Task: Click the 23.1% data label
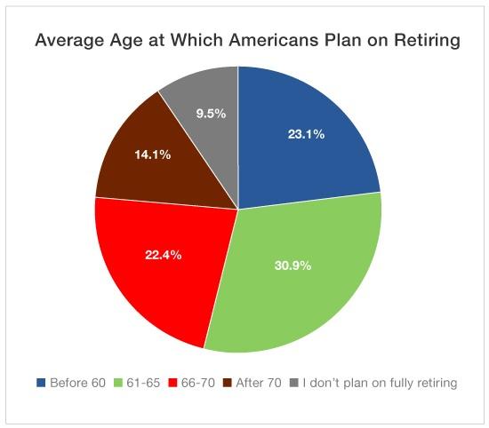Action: pos(306,134)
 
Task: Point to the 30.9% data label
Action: pos(293,266)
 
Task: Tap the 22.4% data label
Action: pos(163,255)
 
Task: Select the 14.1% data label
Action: pos(153,155)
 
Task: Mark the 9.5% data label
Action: pos(211,114)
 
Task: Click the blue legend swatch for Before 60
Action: pos(41,383)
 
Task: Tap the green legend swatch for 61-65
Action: pos(118,383)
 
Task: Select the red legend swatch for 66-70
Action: pos(172,383)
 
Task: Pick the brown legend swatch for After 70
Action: pos(228,383)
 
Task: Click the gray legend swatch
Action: pos(294,383)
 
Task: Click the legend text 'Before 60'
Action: pos(77,383)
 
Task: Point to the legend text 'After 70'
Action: pos(259,383)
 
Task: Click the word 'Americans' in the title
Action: pos(274,40)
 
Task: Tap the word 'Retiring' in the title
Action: pos(427,41)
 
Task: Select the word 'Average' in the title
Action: pos(70,41)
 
